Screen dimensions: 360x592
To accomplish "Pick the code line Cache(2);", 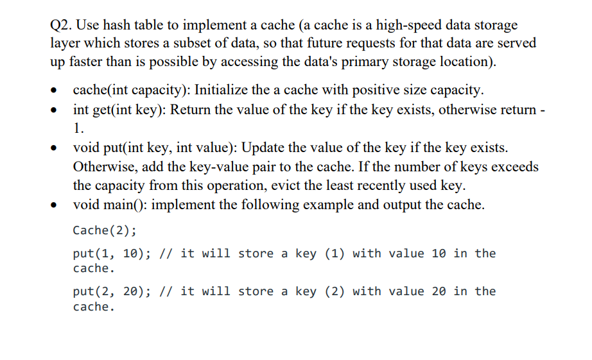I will pos(105,230).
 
